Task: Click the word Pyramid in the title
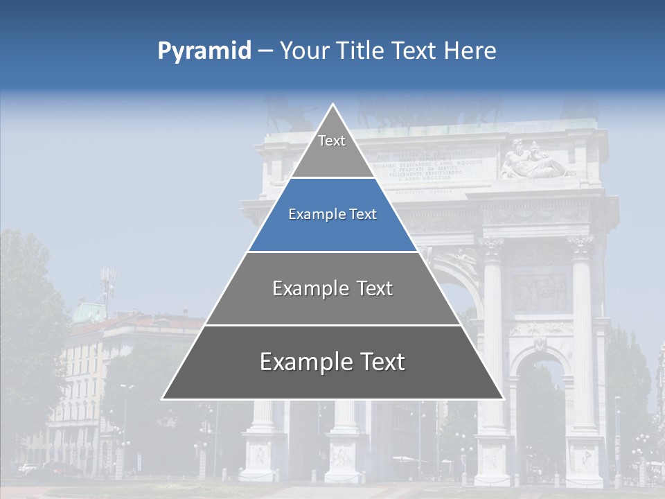point(204,51)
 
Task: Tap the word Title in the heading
point(361,51)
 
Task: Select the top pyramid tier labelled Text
point(332,141)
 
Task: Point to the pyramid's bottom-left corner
point(163,399)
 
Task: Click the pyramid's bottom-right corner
point(503,399)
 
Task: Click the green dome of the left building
point(89,312)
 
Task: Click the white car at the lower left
point(28,469)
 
